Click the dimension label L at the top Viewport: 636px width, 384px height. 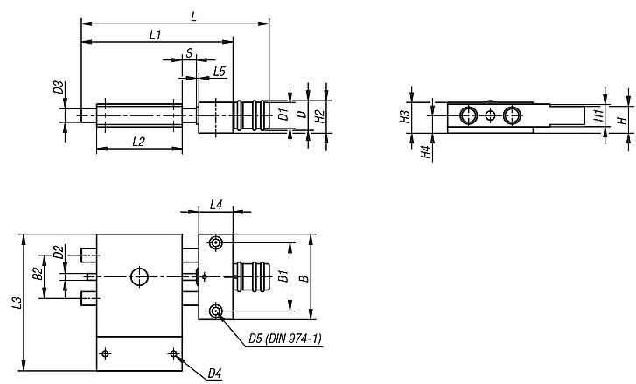193,15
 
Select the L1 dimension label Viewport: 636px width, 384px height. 156,35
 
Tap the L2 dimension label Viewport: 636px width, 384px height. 137,141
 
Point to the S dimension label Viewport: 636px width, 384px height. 189,54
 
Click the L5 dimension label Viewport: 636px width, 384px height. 220,71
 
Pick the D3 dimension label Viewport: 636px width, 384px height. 58,87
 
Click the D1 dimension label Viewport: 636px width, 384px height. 283,114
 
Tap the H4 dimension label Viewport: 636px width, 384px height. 425,152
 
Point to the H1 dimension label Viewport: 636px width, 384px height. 598,114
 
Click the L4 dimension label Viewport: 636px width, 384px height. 216,206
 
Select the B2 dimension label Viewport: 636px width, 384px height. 38,274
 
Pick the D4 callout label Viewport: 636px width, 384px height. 214,374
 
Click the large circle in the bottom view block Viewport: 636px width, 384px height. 139,276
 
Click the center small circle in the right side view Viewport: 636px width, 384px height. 491,115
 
